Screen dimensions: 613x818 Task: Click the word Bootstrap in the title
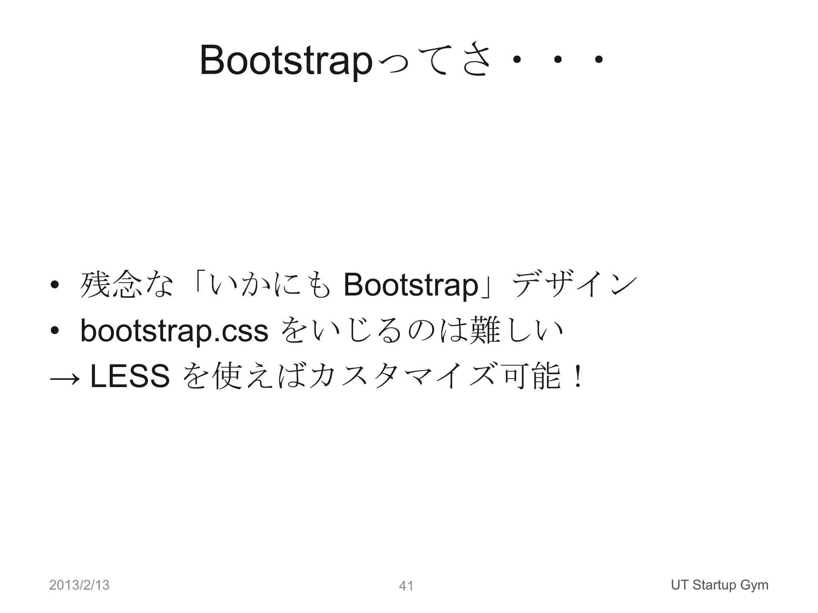286,61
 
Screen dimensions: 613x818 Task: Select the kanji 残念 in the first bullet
111,285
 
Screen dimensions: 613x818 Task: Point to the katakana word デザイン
574,285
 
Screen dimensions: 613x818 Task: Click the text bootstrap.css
174,331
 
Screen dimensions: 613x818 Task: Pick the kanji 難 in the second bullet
485,331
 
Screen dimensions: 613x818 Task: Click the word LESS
130,376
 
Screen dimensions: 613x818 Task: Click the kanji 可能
532,376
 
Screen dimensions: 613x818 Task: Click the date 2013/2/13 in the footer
79,585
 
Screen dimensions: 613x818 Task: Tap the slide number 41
406,586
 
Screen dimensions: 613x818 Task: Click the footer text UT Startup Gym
719,585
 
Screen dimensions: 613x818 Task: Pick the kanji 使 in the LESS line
228,376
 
